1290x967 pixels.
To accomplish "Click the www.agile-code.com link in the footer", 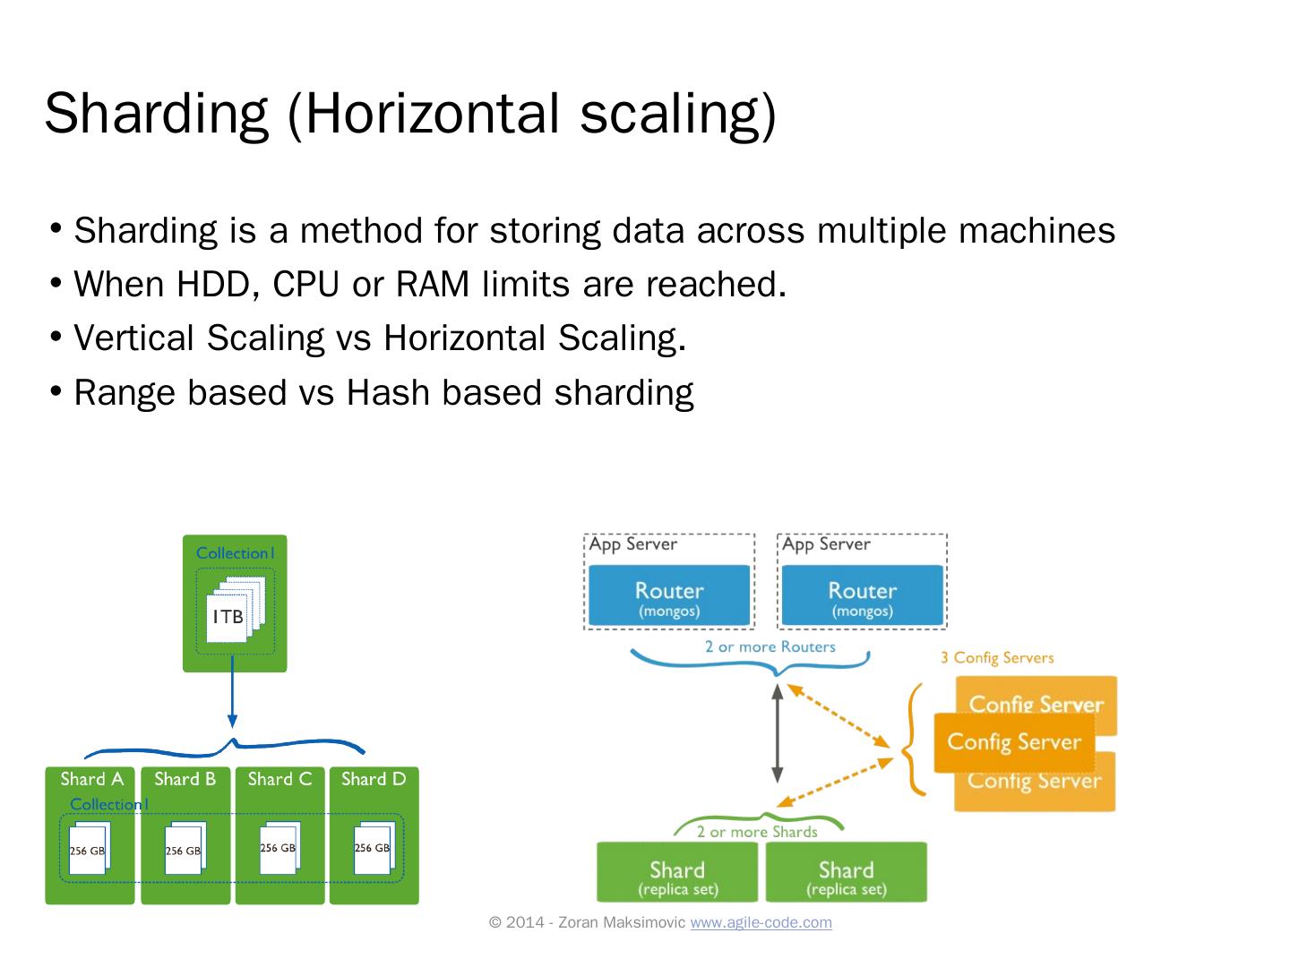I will click(761, 922).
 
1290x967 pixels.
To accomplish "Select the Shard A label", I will click(91, 779).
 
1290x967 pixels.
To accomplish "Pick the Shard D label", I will click(374, 779).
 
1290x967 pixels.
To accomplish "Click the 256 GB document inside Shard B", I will click(184, 848).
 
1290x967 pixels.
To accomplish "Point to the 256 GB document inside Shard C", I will click(279, 846).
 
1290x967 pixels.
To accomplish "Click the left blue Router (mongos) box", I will click(668, 596).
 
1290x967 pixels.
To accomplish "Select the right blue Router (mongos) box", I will click(862, 596).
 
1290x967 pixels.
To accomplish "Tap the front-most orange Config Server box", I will click(1014, 742).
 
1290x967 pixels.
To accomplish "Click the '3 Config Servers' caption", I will click(997, 658).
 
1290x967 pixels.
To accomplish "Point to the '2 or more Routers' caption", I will click(770, 646).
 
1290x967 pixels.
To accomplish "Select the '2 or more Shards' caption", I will click(757, 832).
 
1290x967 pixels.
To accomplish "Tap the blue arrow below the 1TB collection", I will click(232, 694).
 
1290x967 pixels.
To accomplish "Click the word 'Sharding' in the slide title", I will click(155, 113).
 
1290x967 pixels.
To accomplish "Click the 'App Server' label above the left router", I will click(633, 544).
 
